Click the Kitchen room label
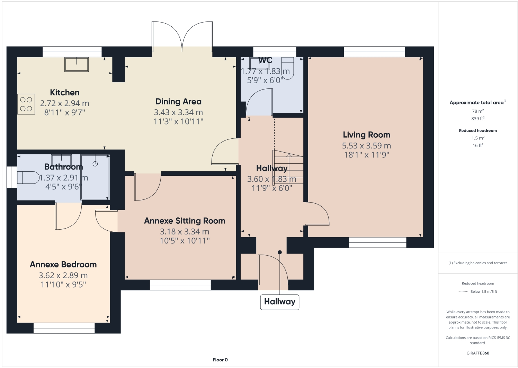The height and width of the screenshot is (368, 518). pyautogui.click(x=65, y=93)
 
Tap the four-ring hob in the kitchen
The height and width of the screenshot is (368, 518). pyautogui.click(x=26, y=104)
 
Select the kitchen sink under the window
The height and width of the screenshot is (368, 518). pyautogui.click(x=77, y=64)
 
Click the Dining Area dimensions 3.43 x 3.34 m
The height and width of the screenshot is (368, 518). pyautogui.click(x=178, y=112)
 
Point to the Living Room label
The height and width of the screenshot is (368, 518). pyautogui.click(x=366, y=135)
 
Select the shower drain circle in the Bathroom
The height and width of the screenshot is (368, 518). pyautogui.click(x=95, y=164)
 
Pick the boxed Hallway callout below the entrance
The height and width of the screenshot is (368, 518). pyautogui.click(x=279, y=302)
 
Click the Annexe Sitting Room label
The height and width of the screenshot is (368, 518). pyautogui.click(x=185, y=221)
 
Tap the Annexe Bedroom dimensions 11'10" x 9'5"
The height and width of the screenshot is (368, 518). pyautogui.click(x=63, y=285)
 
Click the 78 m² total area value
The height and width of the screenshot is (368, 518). pyautogui.click(x=478, y=111)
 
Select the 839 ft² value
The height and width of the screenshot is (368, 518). pyautogui.click(x=478, y=119)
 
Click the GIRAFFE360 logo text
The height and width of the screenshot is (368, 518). pyautogui.click(x=478, y=353)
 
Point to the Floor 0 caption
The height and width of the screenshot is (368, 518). pyautogui.click(x=220, y=360)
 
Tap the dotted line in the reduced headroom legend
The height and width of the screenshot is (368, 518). pyautogui.click(x=463, y=292)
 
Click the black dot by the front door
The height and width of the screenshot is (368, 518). pyautogui.click(x=280, y=252)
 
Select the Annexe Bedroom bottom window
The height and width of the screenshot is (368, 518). pyautogui.click(x=64, y=328)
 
